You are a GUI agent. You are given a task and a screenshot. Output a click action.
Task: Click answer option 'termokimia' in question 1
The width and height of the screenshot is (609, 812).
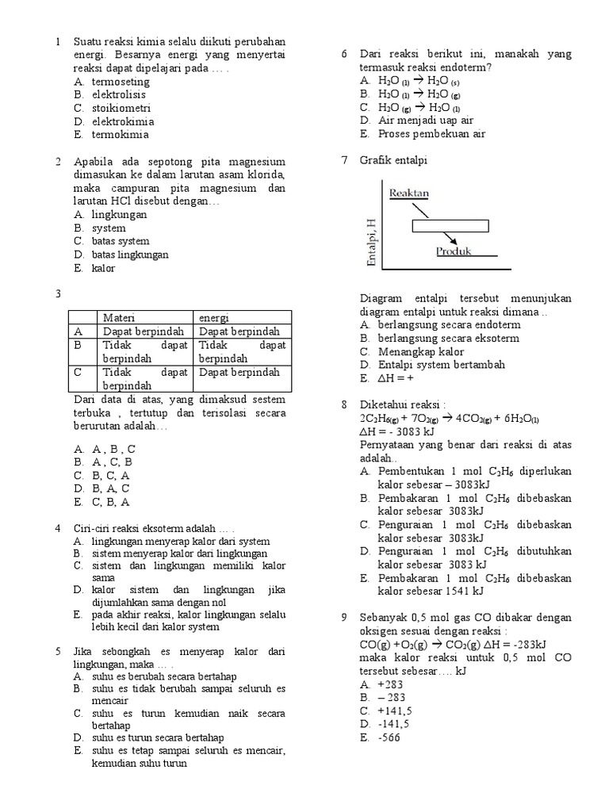(120, 135)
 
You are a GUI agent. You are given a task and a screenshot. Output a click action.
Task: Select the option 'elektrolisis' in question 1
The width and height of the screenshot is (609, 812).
(121, 94)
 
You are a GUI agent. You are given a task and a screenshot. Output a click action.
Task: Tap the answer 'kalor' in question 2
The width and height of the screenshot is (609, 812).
(103, 268)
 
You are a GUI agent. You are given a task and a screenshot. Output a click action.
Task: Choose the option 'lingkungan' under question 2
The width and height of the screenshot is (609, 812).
(119, 214)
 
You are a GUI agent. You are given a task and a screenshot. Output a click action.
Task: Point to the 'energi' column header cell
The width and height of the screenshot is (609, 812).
(214, 317)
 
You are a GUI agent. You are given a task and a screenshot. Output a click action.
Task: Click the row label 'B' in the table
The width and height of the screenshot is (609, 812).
(78, 346)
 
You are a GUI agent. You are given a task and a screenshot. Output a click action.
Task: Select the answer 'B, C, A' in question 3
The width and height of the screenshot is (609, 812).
(111, 475)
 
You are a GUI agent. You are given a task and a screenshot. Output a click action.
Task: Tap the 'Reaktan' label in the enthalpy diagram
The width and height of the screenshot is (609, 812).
(409, 193)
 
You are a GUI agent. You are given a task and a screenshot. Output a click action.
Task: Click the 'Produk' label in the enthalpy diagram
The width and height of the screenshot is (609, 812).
(454, 251)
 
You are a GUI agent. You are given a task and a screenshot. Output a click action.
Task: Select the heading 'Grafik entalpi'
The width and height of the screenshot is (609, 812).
(393, 160)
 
